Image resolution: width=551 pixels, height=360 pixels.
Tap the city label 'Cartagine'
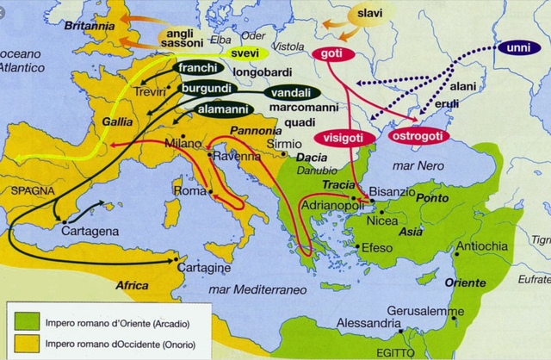tap(204, 267)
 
